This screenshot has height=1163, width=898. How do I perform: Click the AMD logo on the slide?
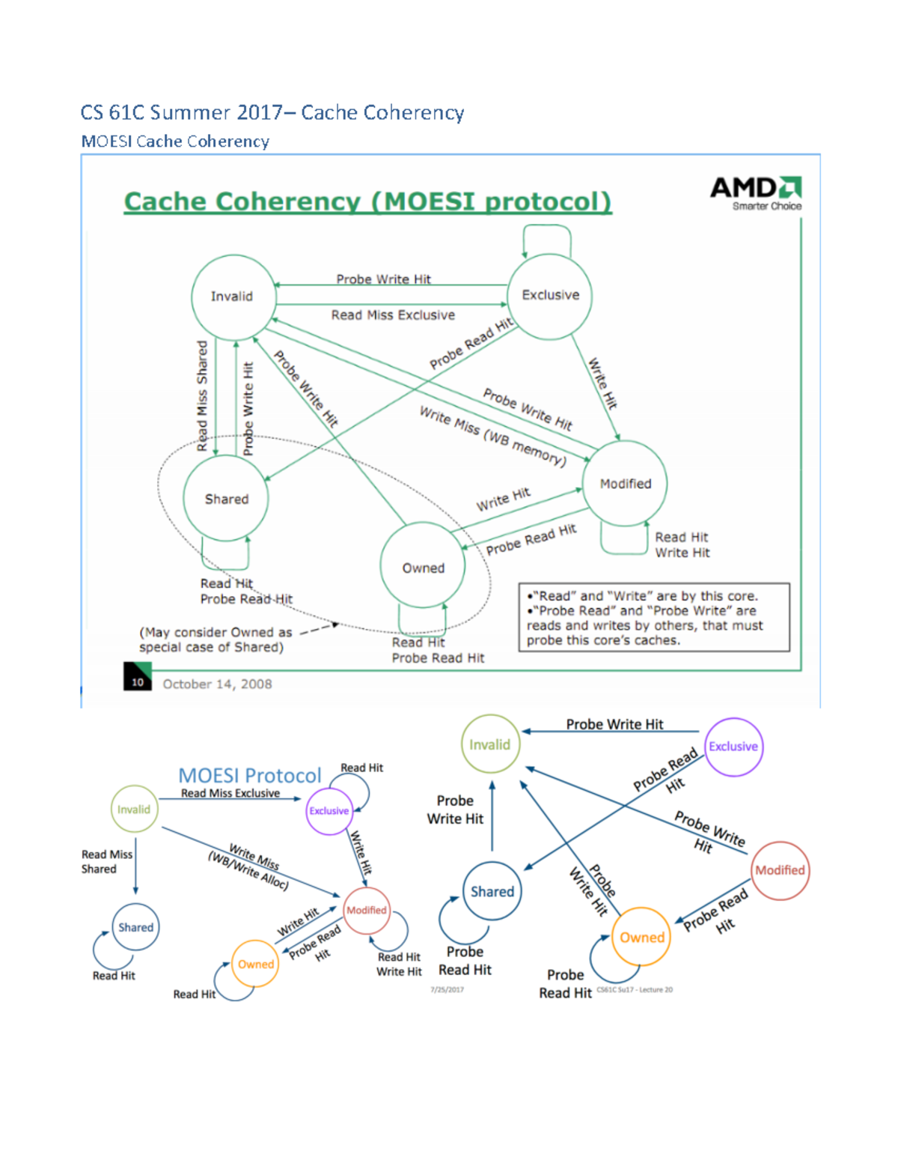[x=756, y=192]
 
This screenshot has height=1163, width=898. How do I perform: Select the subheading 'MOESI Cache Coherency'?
[x=175, y=142]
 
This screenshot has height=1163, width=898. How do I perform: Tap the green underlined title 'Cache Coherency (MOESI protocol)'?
[x=367, y=201]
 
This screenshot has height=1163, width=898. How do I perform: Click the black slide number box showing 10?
[x=137, y=677]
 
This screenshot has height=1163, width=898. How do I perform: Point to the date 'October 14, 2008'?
[x=217, y=684]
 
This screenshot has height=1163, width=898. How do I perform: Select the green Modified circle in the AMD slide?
[x=624, y=484]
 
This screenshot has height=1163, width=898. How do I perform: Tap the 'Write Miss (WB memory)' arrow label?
[x=492, y=436]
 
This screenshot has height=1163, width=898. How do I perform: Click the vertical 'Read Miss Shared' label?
[x=202, y=395]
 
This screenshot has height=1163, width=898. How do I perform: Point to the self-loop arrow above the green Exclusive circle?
[x=547, y=238]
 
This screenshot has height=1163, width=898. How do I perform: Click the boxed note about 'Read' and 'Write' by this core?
[x=653, y=618]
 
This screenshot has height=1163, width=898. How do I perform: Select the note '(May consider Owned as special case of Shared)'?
[x=216, y=640]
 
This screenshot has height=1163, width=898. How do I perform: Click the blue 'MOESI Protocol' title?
[x=249, y=775]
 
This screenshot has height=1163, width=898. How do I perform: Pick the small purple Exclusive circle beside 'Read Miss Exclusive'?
[x=329, y=810]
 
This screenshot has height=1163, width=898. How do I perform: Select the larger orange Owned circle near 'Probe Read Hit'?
[x=641, y=937]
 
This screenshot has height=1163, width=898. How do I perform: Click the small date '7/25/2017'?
[x=447, y=989]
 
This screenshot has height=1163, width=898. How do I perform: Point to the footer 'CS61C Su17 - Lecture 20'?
[x=635, y=989]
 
